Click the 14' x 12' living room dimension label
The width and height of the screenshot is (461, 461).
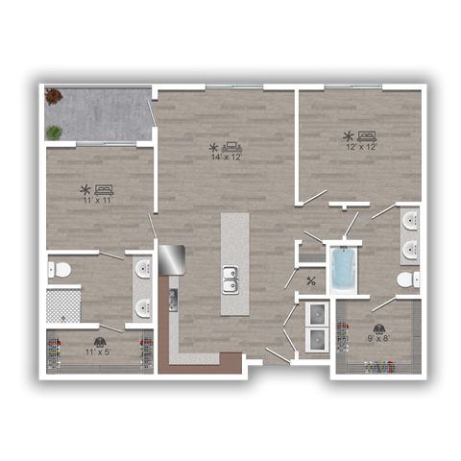(x=227, y=157)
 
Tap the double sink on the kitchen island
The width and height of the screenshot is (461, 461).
(x=230, y=280)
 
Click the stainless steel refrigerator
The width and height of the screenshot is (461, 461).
(x=171, y=259)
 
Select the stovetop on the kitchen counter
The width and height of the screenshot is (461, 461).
(x=173, y=298)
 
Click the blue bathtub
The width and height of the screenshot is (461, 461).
(x=342, y=270)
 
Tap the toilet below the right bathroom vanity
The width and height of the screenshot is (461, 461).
(x=406, y=280)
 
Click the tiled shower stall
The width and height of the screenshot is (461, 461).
(x=63, y=305)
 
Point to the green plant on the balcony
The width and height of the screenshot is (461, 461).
(x=55, y=132)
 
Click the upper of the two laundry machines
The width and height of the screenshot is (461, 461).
(x=314, y=313)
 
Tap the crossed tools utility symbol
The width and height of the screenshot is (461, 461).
(x=311, y=281)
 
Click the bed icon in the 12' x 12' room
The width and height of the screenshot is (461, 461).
(x=366, y=135)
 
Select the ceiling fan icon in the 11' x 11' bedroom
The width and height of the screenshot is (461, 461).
(x=85, y=189)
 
